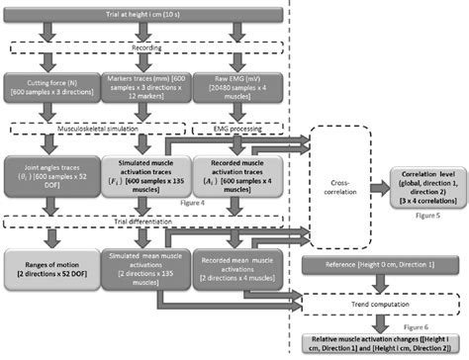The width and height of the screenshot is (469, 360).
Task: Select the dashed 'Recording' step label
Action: pos(146,45)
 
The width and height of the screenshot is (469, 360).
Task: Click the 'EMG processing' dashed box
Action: pos(239,128)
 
